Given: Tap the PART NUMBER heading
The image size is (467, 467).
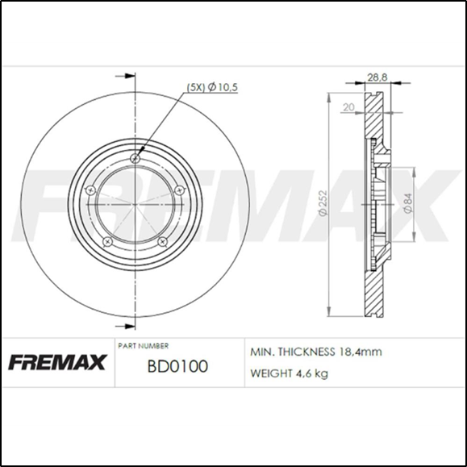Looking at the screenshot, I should pos(144,345).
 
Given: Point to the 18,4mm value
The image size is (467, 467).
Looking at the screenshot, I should pos(360,352).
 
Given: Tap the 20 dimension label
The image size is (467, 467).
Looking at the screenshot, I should pos(348,106).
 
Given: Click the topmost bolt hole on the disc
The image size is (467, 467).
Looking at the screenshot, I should pos(135,157).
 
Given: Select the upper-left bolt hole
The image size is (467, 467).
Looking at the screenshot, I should pos(91,190).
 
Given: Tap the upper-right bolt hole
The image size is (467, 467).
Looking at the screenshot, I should pos(178,190).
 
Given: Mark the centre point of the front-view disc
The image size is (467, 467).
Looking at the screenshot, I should pos(135,202).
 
